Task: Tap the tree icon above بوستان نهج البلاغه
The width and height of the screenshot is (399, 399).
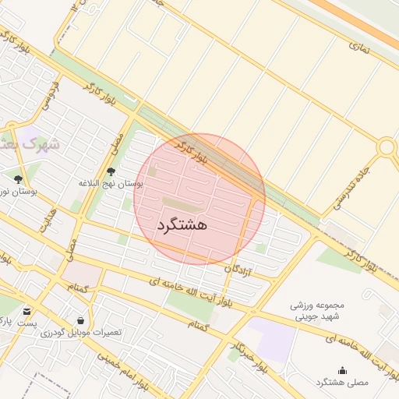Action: tap(111, 171)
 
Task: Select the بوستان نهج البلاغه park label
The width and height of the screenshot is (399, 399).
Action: tap(111, 183)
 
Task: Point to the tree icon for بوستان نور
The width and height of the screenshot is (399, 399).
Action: tap(18, 179)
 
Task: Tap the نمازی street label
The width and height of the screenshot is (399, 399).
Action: tap(359, 48)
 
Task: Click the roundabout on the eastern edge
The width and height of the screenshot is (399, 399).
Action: tap(387, 147)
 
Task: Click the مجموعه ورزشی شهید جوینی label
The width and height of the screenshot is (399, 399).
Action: tap(312, 312)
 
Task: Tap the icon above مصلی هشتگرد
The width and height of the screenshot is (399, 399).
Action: tap(342, 370)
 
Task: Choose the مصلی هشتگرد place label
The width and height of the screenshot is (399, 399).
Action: tap(341, 383)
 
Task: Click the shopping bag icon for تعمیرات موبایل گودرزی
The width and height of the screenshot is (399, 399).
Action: tap(81, 320)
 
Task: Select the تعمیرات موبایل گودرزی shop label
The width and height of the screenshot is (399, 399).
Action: tap(83, 332)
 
